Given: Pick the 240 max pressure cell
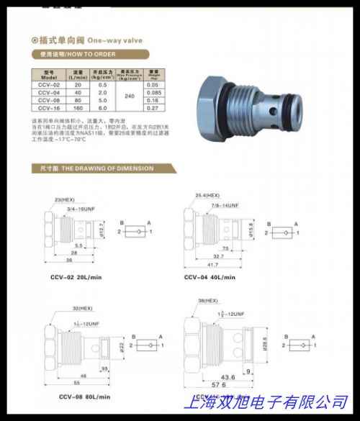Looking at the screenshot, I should click(x=130, y=96).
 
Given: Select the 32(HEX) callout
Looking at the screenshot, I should click(x=82, y=308).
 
